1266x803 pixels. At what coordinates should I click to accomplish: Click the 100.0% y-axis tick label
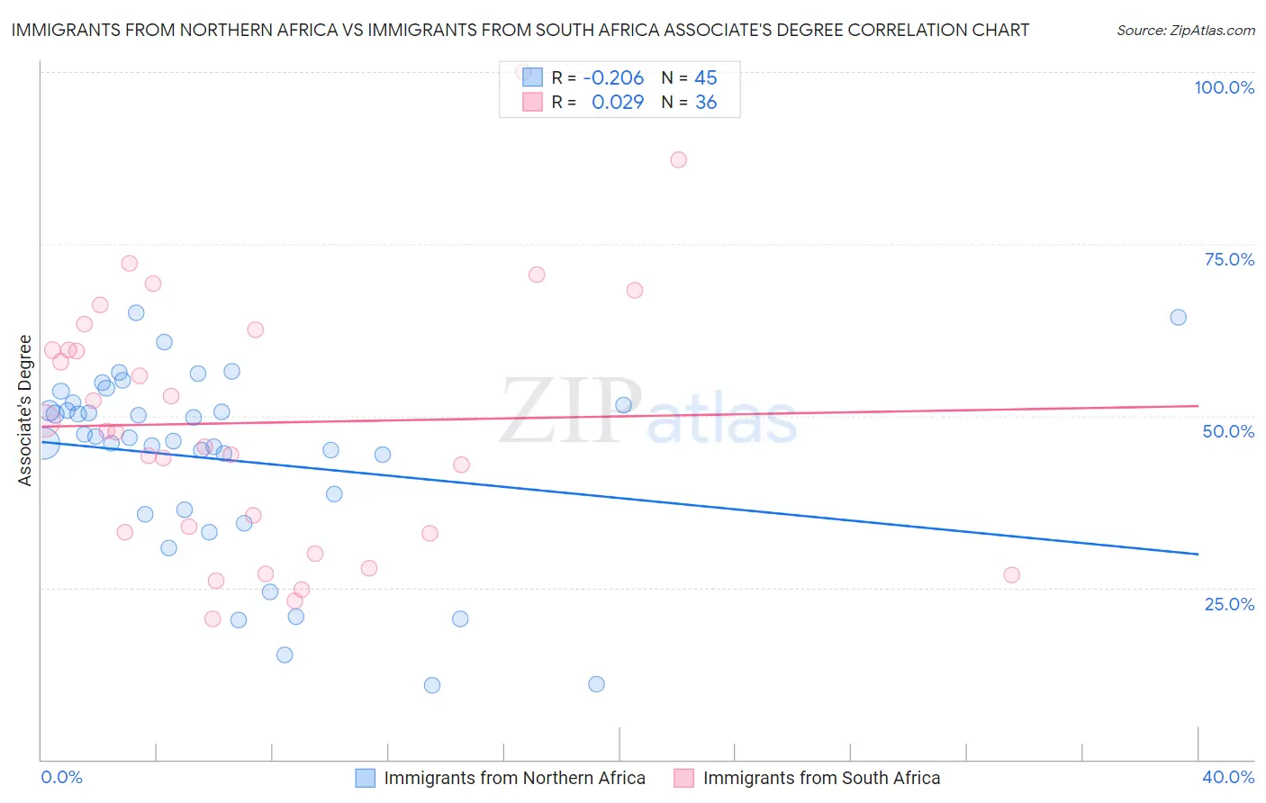[1224, 87]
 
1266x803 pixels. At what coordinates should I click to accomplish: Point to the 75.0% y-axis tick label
[1229, 259]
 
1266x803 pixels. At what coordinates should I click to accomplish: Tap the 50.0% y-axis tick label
[1228, 431]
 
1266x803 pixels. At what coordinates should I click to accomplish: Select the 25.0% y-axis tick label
[1229, 603]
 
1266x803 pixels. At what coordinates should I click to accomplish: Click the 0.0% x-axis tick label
[61, 777]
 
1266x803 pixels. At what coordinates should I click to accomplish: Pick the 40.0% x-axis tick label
[1228, 777]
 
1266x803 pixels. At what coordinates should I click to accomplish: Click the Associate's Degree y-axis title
[24, 411]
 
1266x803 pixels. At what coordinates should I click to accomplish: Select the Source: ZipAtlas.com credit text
[1185, 31]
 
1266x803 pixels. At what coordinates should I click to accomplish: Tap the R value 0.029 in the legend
[618, 103]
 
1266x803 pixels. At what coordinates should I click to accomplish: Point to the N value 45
[706, 78]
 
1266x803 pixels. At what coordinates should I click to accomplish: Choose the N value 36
[706, 103]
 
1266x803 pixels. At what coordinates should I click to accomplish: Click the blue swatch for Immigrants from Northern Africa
[365, 778]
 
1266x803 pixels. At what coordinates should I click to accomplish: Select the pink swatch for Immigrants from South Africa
[683, 778]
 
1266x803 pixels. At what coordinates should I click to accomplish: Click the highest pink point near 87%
[678, 159]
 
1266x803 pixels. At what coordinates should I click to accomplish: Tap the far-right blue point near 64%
[1178, 317]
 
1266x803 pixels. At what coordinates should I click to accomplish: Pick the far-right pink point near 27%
[1011, 575]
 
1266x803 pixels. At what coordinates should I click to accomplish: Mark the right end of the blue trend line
[1198, 554]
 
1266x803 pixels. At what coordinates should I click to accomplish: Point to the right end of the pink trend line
[1198, 406]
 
